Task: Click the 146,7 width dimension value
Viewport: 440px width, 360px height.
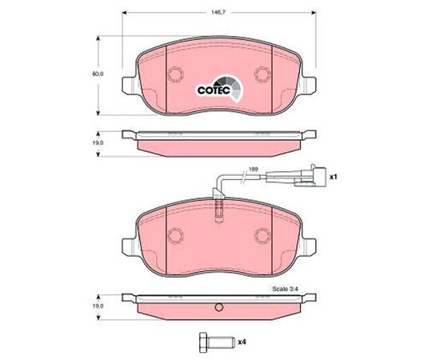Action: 219,12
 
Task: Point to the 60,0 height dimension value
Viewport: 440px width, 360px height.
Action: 98,74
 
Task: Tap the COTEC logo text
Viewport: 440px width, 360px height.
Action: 214,90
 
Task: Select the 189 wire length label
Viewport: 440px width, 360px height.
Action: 254,169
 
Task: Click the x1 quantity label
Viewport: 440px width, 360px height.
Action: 333,177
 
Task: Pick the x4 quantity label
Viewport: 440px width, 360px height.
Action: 242,342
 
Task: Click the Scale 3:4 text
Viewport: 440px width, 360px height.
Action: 286,289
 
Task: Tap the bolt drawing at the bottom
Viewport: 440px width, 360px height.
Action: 215,342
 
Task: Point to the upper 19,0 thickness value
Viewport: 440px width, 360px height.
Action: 98,142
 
